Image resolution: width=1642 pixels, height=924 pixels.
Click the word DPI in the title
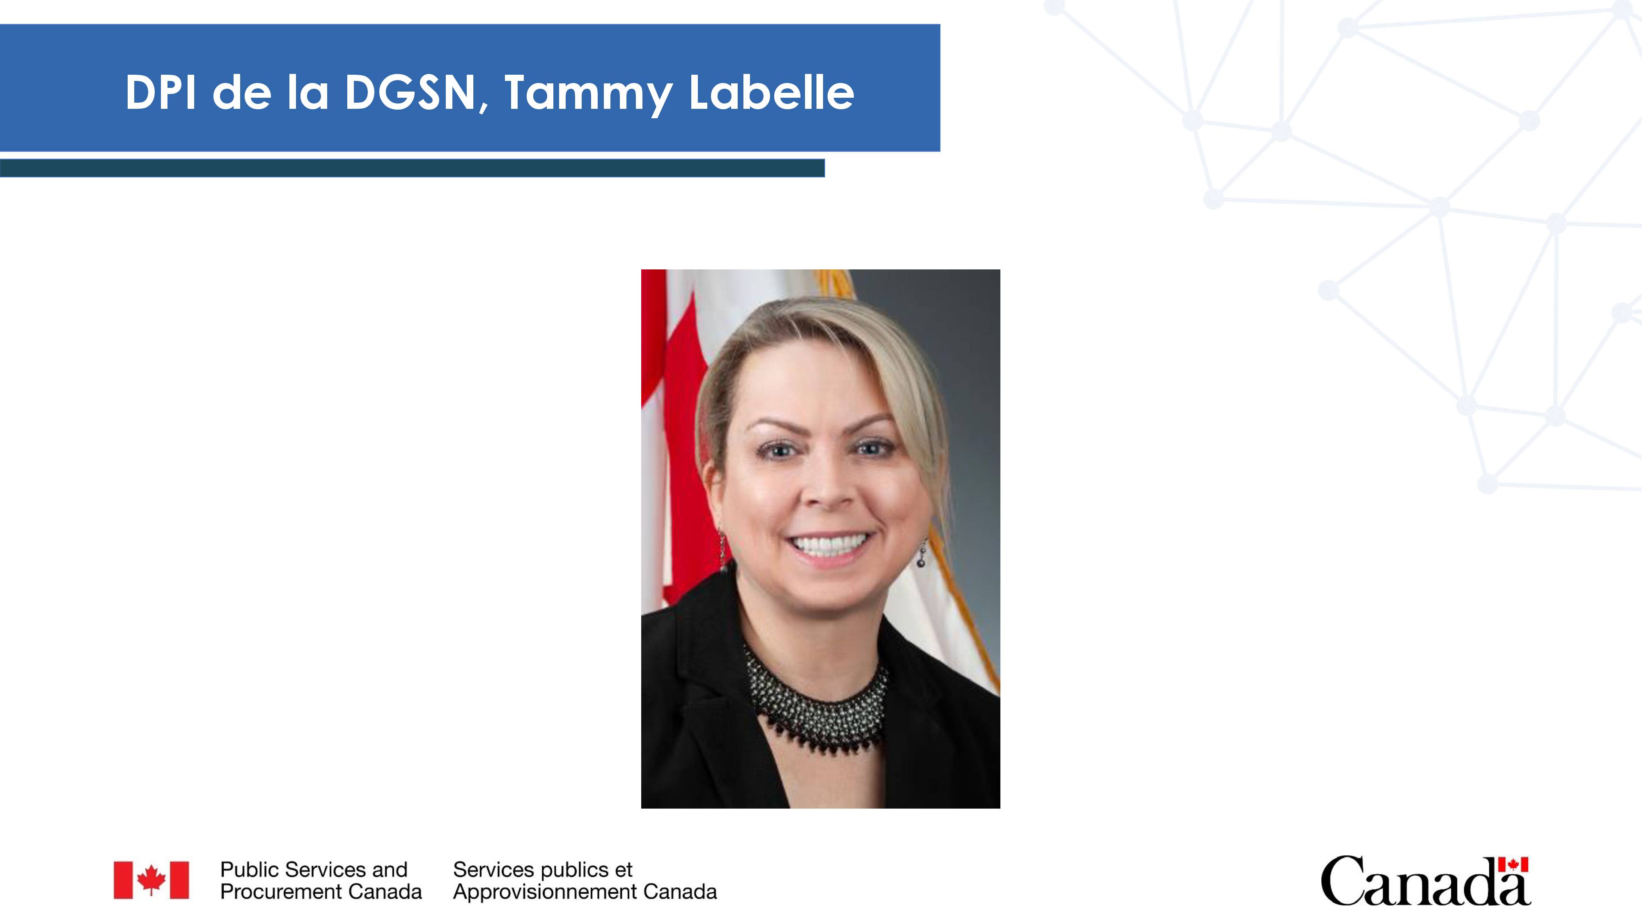point(161,92)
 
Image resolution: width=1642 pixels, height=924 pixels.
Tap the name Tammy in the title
point(588,94)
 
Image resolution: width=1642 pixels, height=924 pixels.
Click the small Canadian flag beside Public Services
point(151,880)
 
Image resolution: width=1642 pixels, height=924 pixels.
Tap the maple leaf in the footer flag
point(151,880)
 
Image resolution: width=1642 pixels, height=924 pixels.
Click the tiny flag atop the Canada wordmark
point(1513,864)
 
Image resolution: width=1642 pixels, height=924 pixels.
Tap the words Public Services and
point(314,870)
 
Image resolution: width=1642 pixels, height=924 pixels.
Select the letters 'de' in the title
point(242,92)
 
